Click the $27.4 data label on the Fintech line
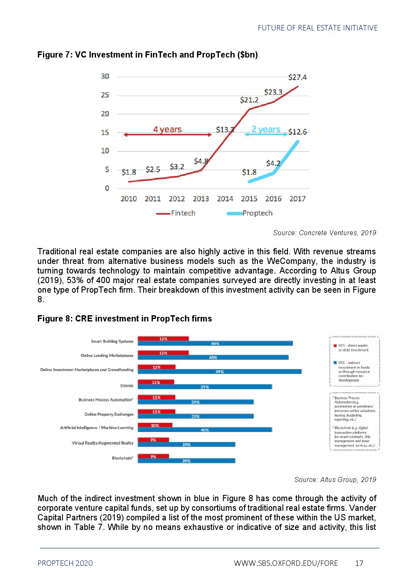click(x=297, y=77)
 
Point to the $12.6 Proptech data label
click(x=298, y=132)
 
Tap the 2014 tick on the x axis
click(x=225, y=199)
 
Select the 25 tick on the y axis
click(x=105, y=95)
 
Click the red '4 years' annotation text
click(x=167, y=129)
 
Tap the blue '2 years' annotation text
click(x=266, y=129)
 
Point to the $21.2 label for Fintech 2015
click(x=249, y=100)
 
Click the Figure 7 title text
click(x=147, y=55)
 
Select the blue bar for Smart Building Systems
click(x=215, y=344)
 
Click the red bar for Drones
click(x=156, y=382)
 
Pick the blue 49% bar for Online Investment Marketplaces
click(x=220, y=372)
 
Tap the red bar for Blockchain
click(x=153, y=456)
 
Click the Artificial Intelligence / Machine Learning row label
click(x=97, y=428)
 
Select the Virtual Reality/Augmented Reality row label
click(x=103, y=443)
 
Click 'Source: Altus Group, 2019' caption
click(x=335, y=480)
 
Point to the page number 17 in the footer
click(x=359, y=563)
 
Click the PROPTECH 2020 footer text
click(x=65, y=563)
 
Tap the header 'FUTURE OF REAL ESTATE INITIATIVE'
click(x=318, y=28)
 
